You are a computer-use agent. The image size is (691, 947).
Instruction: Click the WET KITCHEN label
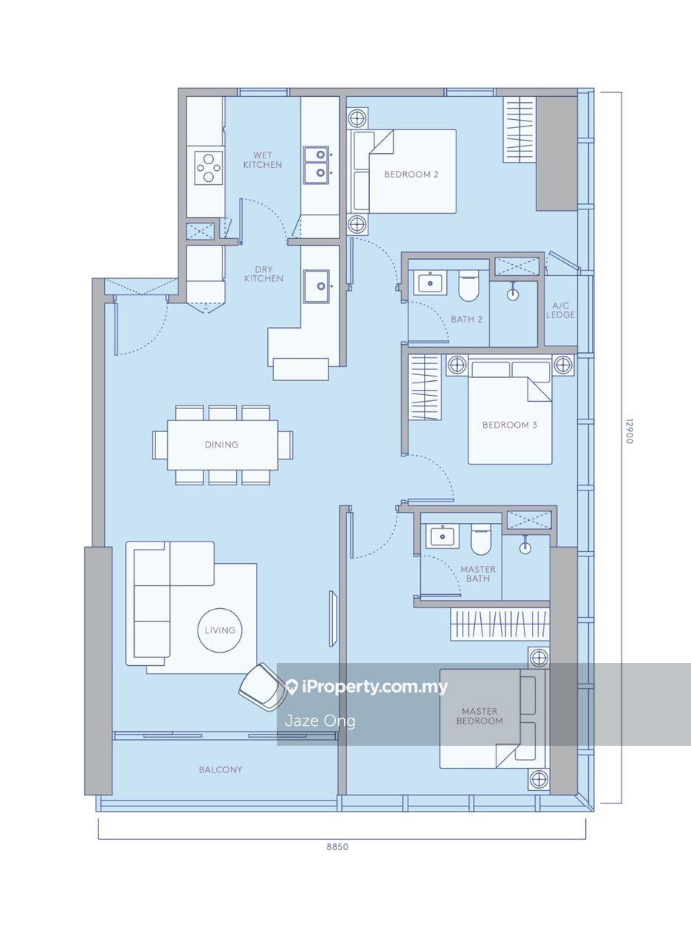263,161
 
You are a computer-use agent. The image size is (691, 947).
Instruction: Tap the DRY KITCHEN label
263,274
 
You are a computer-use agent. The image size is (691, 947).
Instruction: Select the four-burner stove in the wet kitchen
209,167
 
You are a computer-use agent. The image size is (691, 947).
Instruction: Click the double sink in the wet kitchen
317,165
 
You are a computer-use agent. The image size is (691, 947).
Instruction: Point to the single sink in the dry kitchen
317,286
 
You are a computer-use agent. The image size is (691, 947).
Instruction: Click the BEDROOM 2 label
411,174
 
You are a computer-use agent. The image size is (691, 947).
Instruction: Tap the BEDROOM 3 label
510,425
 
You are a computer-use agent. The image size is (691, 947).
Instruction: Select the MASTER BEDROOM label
479,716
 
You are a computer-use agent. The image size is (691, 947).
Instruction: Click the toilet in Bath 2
468,286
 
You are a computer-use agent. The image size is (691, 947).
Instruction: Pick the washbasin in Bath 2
430,283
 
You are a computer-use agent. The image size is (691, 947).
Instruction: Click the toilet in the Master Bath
481,539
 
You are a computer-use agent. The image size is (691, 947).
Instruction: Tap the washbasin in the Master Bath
442,536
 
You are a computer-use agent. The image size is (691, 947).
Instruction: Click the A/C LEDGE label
560,310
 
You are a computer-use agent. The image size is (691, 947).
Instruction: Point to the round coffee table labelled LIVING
220,630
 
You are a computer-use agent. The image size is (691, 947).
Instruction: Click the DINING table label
222,445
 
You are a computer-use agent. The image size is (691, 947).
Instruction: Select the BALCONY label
220,770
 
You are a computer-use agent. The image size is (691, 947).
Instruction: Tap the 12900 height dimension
629,431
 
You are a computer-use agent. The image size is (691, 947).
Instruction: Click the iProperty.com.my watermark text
367,688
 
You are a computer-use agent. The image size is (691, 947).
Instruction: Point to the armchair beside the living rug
262,687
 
